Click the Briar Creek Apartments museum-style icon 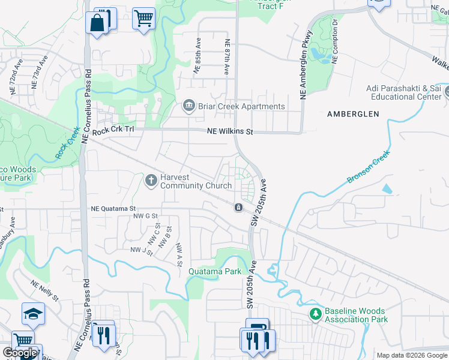[188, 107]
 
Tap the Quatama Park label [215, 271]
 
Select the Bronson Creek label [369, 167]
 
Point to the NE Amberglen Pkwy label [306, 64]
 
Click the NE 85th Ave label [197, 56]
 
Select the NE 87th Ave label [227, 58]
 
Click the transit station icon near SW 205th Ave [239, 208]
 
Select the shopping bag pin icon [97, 23]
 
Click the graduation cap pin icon [33, 313]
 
